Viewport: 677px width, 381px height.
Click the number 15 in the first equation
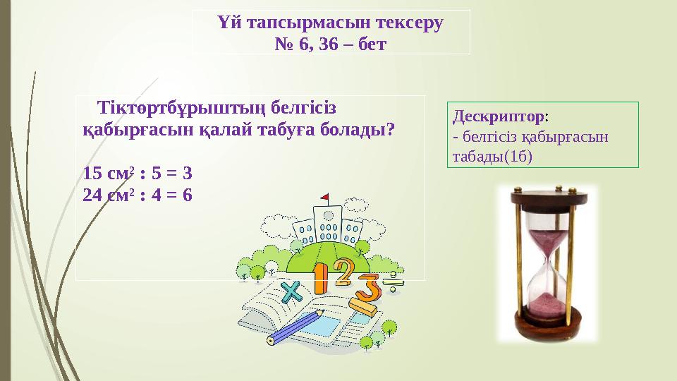tap(92, 174)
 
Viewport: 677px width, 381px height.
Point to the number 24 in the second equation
tap(92, 195)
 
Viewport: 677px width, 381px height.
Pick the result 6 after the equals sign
tap(187, 195)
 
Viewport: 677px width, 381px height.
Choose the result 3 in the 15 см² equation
tap(188, 174)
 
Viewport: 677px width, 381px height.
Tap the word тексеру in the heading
tap(408, 23)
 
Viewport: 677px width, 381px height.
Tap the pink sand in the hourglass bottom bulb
tap(547, 305)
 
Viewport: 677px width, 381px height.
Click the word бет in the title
tap(369, 44)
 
